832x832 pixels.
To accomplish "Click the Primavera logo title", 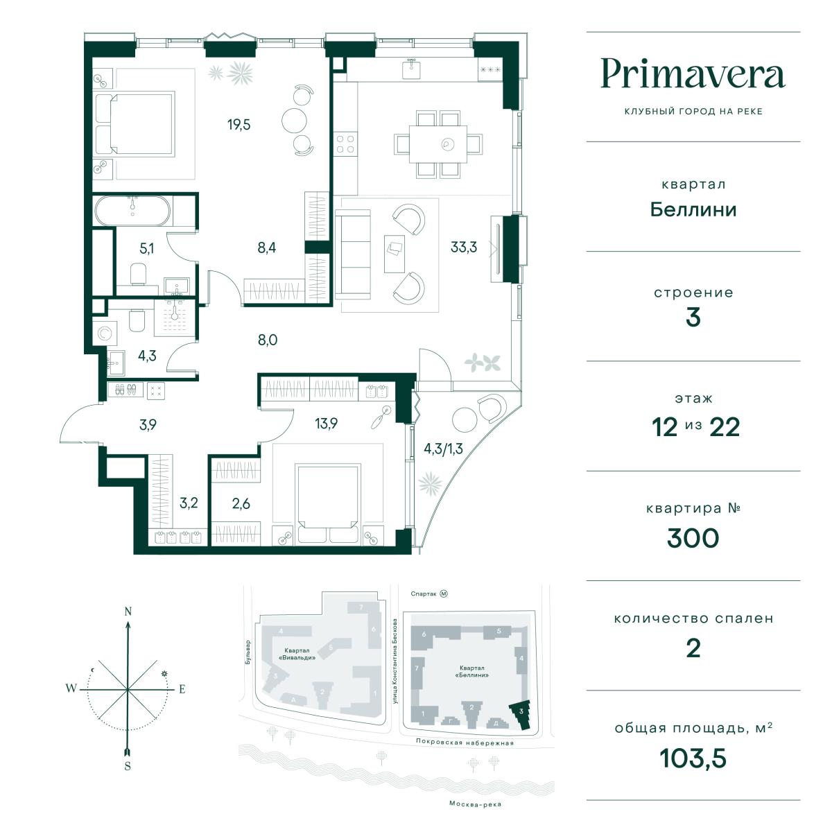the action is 693,73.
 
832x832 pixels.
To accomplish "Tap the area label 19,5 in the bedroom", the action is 239,125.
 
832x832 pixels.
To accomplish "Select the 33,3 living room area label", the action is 463,247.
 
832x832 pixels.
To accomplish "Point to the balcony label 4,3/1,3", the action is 443,449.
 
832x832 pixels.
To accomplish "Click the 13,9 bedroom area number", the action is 326,424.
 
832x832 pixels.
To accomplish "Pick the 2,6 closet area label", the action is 241,503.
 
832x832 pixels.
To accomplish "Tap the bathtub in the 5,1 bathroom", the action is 132,211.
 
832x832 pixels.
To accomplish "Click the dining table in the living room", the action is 438,144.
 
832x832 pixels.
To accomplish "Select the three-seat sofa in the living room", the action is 353,254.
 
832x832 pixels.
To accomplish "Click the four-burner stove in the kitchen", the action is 345,144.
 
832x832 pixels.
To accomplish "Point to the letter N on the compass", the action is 128,612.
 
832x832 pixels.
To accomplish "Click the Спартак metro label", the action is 424,593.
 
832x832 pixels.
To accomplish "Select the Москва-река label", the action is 475,804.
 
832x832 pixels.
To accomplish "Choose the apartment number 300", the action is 693,538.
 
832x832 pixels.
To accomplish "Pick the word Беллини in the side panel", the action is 693,210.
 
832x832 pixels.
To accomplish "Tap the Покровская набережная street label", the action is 465,743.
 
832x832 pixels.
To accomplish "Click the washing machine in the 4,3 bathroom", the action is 105,333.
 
